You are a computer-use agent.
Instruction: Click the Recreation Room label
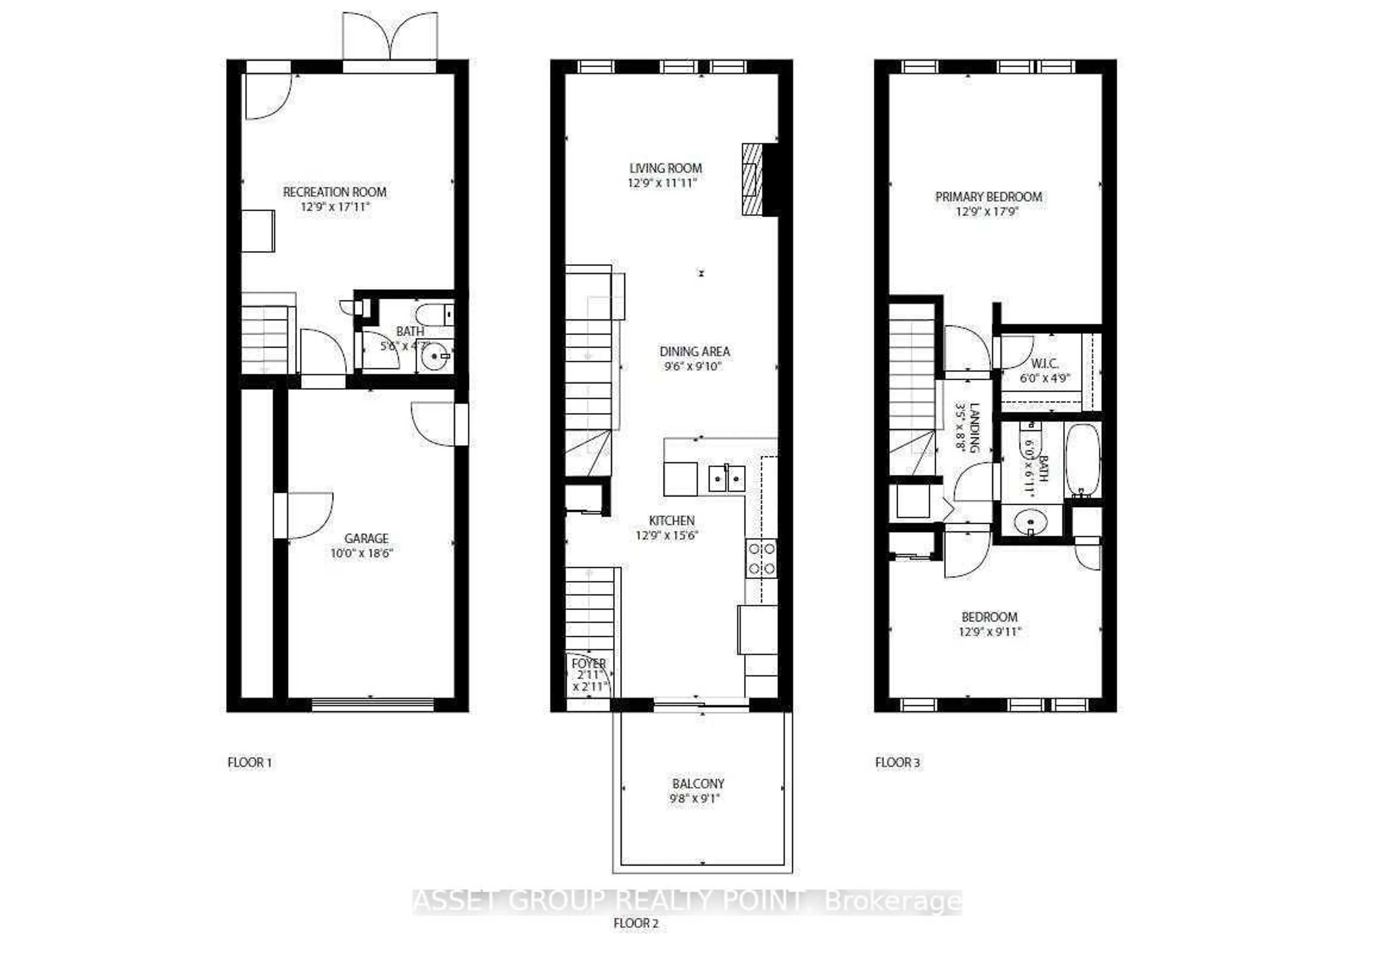click(x=334, y=192)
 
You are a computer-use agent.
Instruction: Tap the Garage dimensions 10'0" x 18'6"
click(x=361, y=553)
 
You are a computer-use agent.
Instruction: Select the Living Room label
click(x=665, y=168)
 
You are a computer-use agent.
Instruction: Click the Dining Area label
click(x=695, y=352)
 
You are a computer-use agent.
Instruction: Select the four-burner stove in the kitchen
click(x=761, y=558)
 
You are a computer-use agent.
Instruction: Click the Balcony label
click(x=698, y=784)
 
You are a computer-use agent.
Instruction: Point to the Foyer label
click(x=588, y=663)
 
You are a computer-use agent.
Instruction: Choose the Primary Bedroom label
click(x=988, y=197)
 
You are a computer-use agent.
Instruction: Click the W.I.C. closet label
click(x=1044, y=364)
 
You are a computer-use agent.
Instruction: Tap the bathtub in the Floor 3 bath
click(x=1083, y=460)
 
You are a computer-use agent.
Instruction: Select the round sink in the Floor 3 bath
click(x=1030, y=521)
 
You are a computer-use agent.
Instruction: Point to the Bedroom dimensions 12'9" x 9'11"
click(x=989, y=632)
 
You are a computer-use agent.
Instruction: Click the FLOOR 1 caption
click(x=250, y=762)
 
